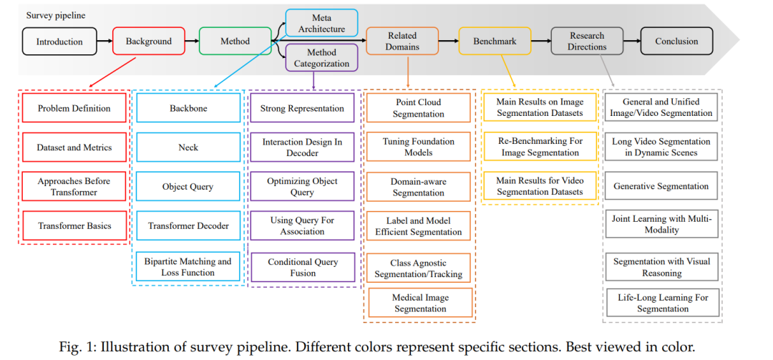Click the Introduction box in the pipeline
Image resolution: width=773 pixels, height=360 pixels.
pos(59,42)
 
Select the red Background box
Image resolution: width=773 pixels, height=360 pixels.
pos(149,41)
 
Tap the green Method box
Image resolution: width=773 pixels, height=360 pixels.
pos(235,41)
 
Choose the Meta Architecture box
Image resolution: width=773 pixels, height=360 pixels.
pos(321,23)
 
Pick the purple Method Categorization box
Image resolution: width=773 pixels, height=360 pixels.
pos(321,58)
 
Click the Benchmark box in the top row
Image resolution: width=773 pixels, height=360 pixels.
pos(495,41)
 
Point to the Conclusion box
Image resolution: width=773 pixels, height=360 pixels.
pos(676,41)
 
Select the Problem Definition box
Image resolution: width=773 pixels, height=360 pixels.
pos(74,108)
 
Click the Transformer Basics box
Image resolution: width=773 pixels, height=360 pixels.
pos(74,226)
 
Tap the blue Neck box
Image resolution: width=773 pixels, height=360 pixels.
pos(188,147)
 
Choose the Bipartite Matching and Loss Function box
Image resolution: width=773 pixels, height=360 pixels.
pos(188,266)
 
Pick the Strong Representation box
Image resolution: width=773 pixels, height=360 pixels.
pos(302,108)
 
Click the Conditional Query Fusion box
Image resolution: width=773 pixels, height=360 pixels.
pos(302,267)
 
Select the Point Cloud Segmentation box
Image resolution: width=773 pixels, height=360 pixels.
pos(419,108)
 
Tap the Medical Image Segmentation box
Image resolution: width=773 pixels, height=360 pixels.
pos(421,303)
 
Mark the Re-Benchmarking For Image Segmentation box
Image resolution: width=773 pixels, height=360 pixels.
pos(540,147)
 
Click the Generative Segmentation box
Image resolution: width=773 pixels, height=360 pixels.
pos(661,186)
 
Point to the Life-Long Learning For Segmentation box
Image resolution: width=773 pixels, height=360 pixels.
pos(663,302)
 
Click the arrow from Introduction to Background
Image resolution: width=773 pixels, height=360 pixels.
pos(104,42)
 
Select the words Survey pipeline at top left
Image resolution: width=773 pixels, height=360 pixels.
pos(56,15)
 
